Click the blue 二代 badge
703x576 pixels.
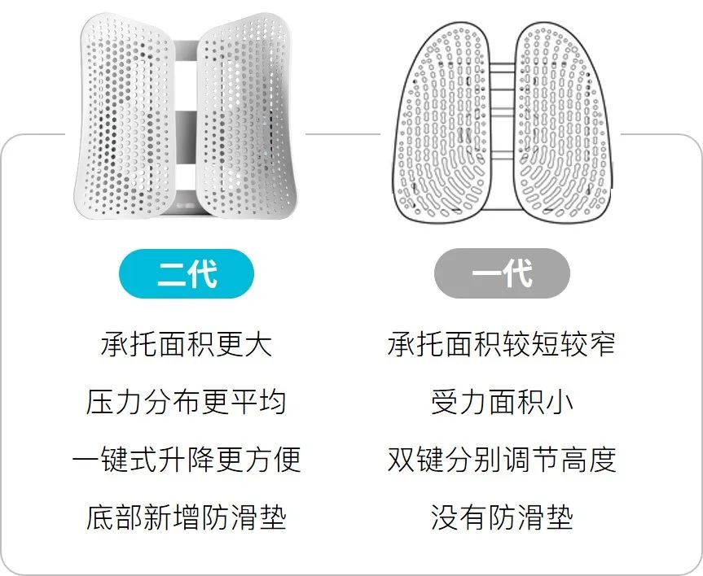point(186,273)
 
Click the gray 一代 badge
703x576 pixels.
point(501,273)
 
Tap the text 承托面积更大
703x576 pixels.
point(186,344)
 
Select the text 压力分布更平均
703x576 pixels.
point(186,402)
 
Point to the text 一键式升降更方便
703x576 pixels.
point(186,460)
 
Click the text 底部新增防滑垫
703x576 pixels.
point(186,517)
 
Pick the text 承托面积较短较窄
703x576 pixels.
point(501,344)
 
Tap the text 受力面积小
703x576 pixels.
point(501,402)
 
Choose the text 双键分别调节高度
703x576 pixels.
point(501,460)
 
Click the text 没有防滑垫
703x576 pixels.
point(501,517)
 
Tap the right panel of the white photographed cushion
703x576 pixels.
point(244,118)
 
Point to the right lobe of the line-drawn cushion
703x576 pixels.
point(562,122)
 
